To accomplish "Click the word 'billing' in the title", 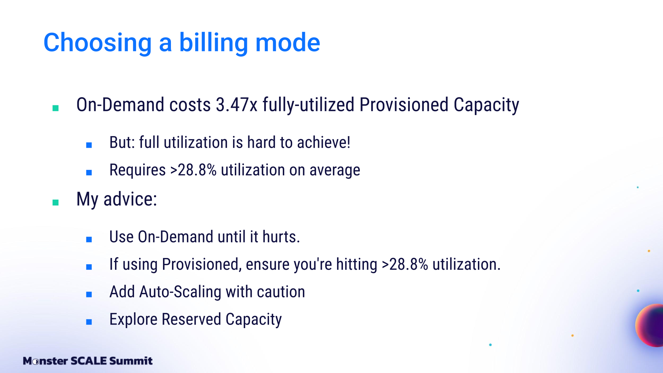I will (x=213, y=43).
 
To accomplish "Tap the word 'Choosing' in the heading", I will (x=97, y=43).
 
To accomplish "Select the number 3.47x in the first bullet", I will (x=237, y=105).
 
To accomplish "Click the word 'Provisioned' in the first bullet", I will (x=404, y=105).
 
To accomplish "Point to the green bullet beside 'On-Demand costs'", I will (x=55, y=108).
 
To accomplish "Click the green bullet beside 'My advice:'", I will (x=55, y=202).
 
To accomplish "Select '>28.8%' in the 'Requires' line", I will (x=193, y=170).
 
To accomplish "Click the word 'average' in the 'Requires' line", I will (x=335, y=170).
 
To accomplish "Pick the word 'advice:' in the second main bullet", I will (x=130, y=199).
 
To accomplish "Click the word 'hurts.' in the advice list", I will (x=281, y=237).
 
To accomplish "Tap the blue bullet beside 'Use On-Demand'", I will (x=89, y=239).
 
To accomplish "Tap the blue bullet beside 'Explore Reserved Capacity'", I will (x=89, y=322).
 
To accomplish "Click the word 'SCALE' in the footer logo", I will (x=89, y=361).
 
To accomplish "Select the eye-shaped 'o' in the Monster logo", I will (x=35, y=362).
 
